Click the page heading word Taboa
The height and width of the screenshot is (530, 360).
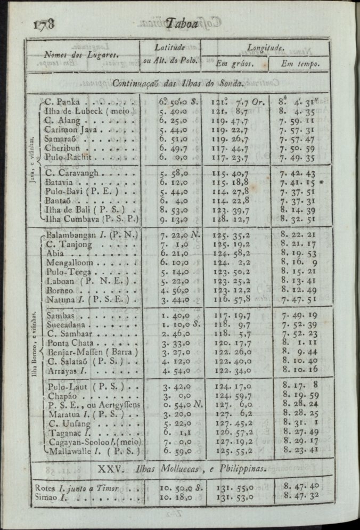pos(182,23)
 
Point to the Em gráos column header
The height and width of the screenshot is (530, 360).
pos(234,64)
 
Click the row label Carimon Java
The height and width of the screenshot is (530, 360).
pos(70,129)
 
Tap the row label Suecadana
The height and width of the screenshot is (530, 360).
pos(66,324)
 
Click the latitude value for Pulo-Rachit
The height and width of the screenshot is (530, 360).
pos(174,158)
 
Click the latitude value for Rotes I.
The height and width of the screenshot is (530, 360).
pos(179,488)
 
